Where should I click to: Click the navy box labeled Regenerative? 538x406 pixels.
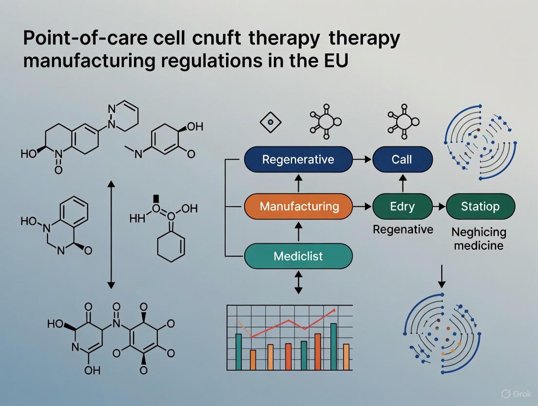point(298,160)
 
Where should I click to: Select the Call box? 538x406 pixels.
point(402,160)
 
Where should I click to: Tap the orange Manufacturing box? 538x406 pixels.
point(298,206)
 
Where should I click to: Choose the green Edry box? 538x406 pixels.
point(402,206)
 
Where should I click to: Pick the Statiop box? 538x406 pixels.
point(480,206)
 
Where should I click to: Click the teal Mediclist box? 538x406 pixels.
point(298,256)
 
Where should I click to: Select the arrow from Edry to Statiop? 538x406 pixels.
point(439,206)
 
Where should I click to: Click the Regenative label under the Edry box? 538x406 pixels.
point(403,229)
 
